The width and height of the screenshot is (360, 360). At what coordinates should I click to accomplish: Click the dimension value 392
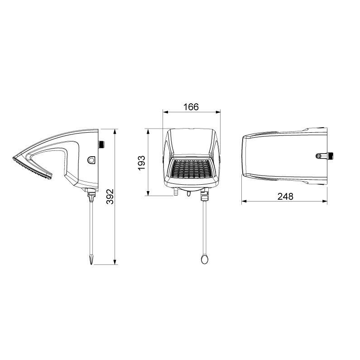tap(110, 197)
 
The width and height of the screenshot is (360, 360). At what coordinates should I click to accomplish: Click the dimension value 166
tap(191, 107)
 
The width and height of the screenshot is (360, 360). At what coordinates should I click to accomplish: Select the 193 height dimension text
tap(142, 163)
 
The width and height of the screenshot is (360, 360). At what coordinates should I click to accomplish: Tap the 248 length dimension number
tap(285, 197)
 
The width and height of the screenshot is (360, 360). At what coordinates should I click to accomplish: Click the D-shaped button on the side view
tap(91, 160)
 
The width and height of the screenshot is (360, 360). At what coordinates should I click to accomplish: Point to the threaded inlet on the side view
tap(101, 144)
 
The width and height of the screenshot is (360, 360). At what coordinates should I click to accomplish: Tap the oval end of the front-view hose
tap(204, 259)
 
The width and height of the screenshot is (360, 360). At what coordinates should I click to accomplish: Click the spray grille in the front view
tap(192, 169)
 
